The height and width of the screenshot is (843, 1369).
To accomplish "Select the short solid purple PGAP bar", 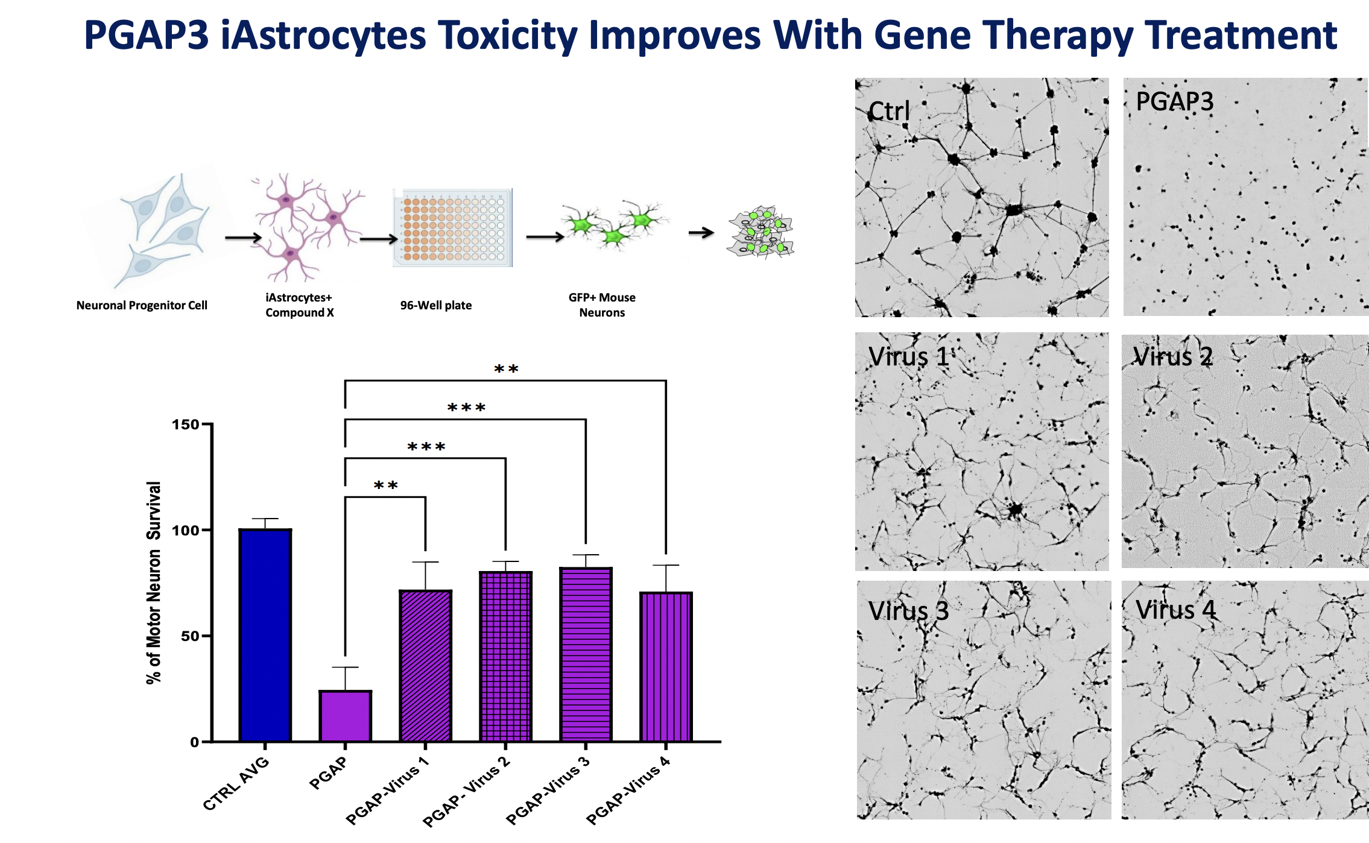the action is click(x=345, y=716).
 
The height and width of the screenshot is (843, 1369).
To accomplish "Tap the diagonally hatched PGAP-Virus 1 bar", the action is click(x=425, y=666).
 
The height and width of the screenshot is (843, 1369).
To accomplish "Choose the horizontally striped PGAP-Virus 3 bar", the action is click(x=586, y=654).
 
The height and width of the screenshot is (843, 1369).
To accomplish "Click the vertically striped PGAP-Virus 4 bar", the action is click(x=666, y=666).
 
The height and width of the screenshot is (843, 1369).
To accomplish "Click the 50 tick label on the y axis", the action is click(x=190, y=636).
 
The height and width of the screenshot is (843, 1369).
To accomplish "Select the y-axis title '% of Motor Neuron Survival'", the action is click(x=154, y=583).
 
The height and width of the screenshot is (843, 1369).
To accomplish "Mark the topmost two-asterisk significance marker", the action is click(x=506, y=369).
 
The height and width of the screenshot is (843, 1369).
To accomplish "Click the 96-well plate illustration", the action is click(x=452, y=228).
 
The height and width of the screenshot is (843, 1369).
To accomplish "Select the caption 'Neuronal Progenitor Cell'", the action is click(x=142, y=305).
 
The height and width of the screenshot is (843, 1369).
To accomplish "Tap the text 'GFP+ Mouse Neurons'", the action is click(x=602, y=305).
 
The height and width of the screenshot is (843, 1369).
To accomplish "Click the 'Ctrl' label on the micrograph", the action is click(x=889, y=111).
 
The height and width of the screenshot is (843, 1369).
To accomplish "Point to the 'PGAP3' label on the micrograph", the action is click(x=1174, y=101).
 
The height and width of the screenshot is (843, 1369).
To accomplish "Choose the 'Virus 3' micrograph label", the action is click(x=908, y=611).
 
